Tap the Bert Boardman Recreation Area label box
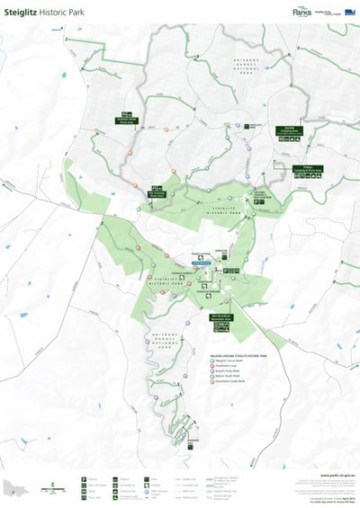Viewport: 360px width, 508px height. [222, 318]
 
